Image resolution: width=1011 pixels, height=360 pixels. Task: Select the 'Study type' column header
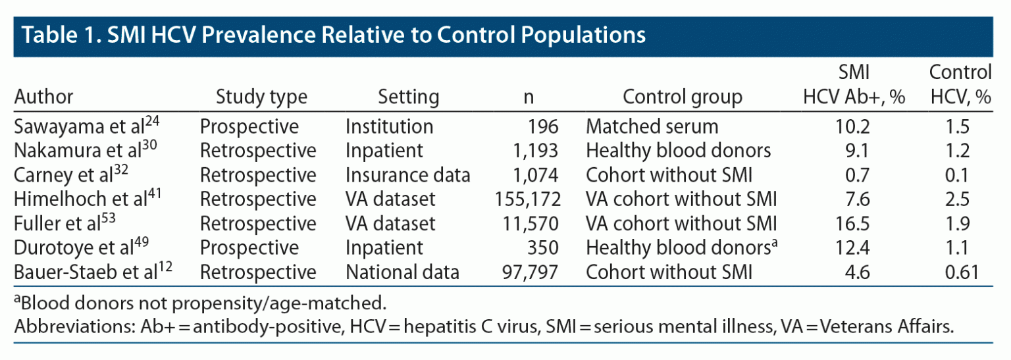(x=261, y=97)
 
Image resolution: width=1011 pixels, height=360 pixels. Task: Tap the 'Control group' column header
(x=682, y=97)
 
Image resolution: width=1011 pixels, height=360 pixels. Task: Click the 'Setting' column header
(x=408, y=97)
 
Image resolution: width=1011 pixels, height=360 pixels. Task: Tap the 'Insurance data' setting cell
(x=408, y=174)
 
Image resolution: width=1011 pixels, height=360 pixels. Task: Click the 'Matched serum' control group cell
(x=652, y=126)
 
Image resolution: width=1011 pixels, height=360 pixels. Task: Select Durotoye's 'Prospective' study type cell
(x=249, y=247)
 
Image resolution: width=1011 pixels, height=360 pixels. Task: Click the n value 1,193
(x=536, y=150)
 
